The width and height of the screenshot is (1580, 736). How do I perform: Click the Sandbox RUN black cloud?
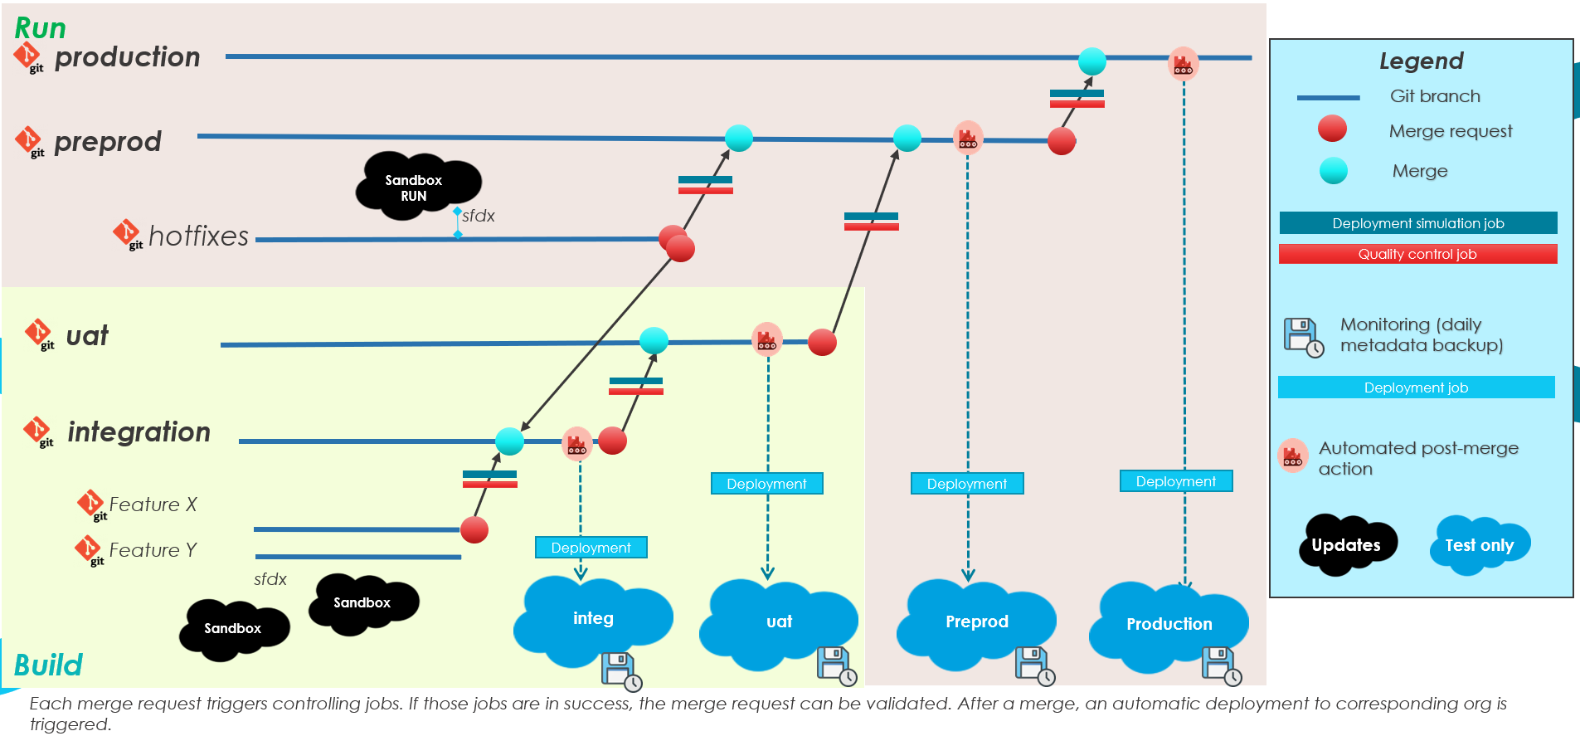[x=416, y=187]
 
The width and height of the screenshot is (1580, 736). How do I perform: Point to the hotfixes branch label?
[x=198, y=236]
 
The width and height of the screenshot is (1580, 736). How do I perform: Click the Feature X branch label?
[x=153, y=504]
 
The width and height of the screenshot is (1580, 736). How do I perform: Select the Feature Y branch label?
[x=153, y=550]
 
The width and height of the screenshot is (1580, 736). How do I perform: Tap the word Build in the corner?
[x=48, y=665]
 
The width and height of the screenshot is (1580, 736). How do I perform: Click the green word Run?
[x=40, y=28]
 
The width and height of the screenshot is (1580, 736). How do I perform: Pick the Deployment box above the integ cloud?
[x=591, y=548]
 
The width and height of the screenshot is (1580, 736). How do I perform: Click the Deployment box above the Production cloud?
[x=1175, y=481]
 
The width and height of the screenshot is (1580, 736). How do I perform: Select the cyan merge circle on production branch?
[x=1091, y=61]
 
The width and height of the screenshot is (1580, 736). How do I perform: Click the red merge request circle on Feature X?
[x=474, y=529]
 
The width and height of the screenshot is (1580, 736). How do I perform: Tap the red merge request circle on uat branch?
[x=822, y=342]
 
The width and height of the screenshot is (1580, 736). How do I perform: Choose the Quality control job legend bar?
[x=1417, y=254]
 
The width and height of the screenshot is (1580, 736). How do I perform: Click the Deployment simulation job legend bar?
[x=1417, y=223]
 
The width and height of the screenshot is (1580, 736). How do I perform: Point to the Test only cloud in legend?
[x=1480, y=545]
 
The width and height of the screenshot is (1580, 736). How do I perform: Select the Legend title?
[x=1421, y=61]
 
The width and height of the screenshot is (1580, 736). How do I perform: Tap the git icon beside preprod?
[x=30, y=142]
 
